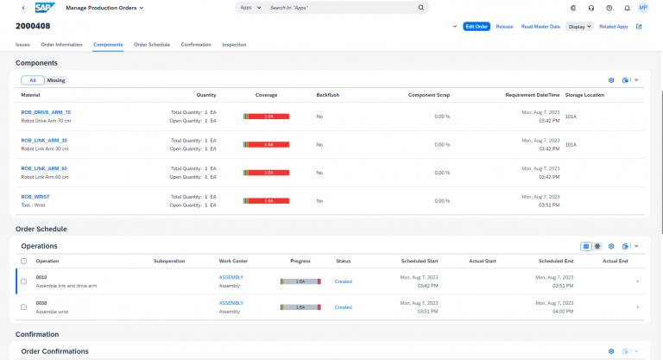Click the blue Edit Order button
(477, 27)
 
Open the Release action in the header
(504, 27)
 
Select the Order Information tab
(62, 44)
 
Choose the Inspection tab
(234, 44)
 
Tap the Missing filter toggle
(56, 80)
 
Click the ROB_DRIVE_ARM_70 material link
(46, 112)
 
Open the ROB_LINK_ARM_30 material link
(44, 140)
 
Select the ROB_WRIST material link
(35, 196)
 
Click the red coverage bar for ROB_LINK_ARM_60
(267, 173)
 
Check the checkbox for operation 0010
(23, 281)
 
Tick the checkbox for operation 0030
(23, 307)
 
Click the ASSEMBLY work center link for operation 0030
(231, 303)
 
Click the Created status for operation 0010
(343, 281)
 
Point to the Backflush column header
(328, 94)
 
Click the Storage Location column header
(584, 94)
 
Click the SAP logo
(45, 8)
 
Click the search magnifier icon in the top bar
(421, 8)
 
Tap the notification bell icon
(627, 8)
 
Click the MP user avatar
(643, 8)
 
